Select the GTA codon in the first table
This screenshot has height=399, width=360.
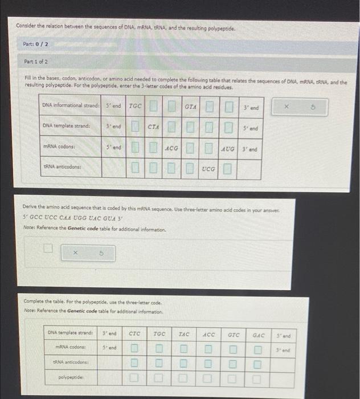tap(191, 107)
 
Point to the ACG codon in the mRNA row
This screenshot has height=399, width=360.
tap(172, 148)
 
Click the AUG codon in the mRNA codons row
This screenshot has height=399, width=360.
tap(228, 148)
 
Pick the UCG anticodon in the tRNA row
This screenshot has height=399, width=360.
tap(208, 169)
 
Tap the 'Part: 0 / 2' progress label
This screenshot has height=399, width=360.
tap(36, 44)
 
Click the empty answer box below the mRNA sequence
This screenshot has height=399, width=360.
tap(50, 249)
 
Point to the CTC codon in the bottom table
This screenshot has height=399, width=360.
tap(134, 334)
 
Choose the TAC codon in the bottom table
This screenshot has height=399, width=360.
tap(184, 334)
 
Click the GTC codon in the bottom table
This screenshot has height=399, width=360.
tap(234, 334)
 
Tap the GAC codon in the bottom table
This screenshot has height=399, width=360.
tap(259, 334)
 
